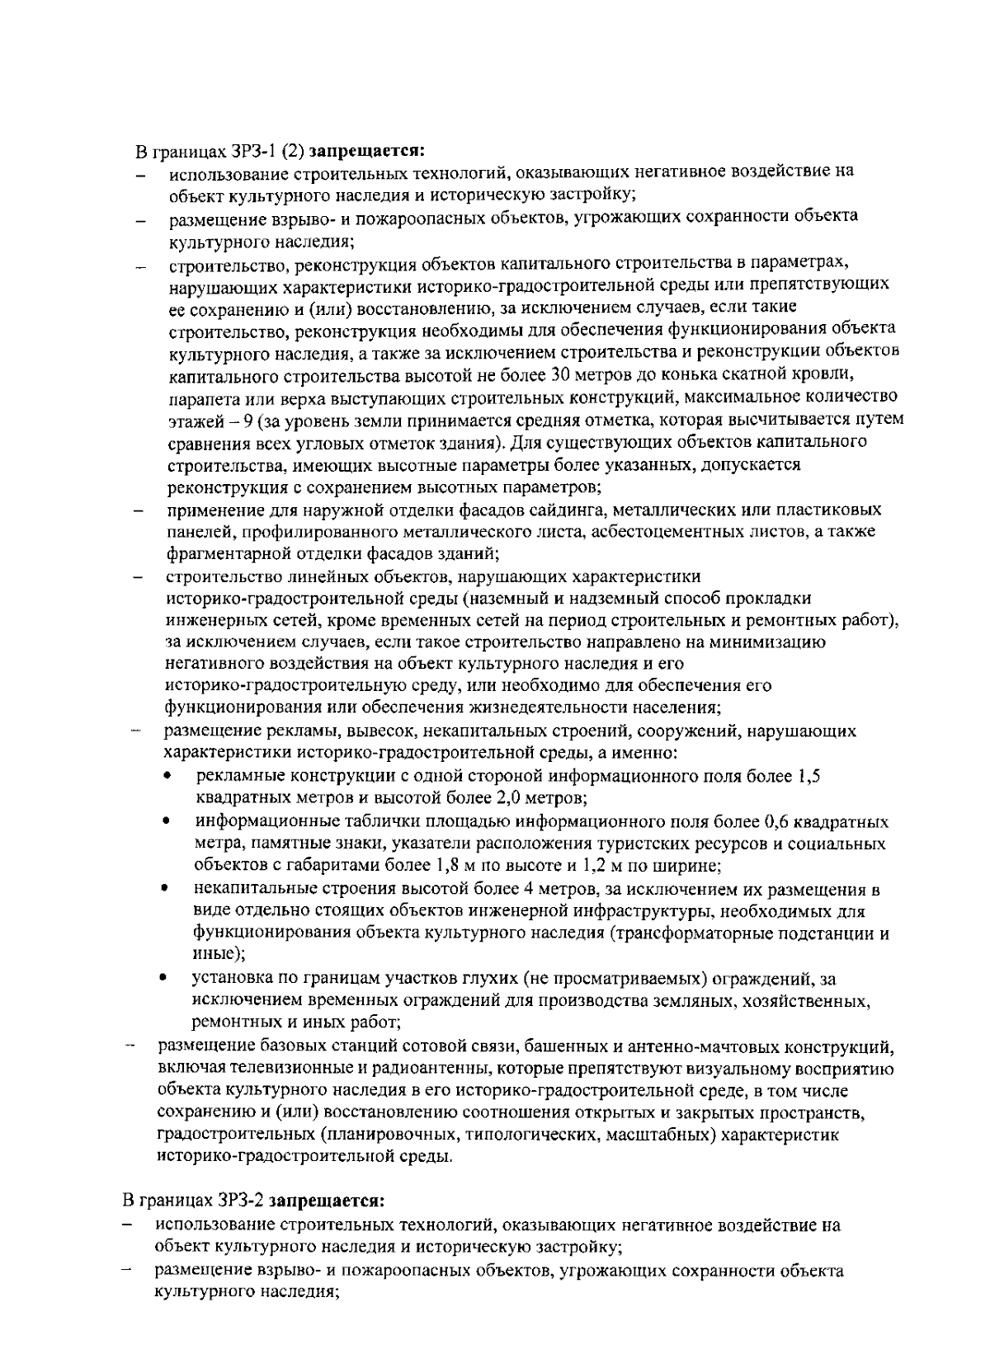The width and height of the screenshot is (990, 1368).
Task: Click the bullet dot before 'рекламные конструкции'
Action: [168, 777]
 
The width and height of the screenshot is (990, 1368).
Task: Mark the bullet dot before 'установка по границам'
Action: [167, 979]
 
